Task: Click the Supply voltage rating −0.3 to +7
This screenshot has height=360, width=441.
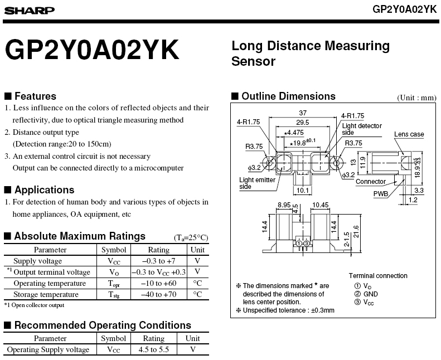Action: coord(159,261)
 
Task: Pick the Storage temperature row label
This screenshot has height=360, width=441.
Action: coord(50,294)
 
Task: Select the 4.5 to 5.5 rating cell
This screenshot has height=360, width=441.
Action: coord(154,349)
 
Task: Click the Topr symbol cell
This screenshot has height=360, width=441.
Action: coord(114,283)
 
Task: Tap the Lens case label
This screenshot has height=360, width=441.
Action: coord(409,134)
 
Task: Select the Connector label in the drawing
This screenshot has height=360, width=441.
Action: coord(371,182)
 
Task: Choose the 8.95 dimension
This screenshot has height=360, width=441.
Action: coord(284,205)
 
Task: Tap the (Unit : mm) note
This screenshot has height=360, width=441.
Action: coord(416,98)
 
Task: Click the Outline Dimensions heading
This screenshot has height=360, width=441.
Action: coord(288,96)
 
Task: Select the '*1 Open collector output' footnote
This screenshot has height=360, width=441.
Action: coord(34,305)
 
